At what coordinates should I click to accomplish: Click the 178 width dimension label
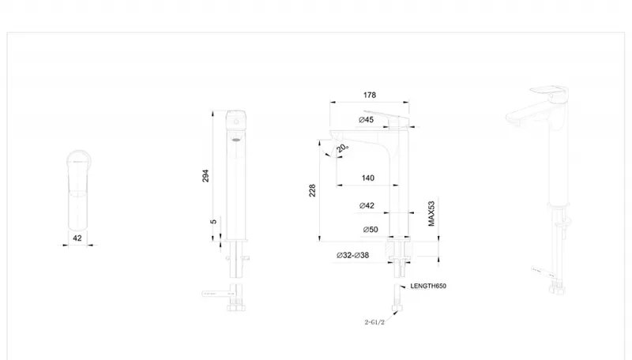coord(370,95)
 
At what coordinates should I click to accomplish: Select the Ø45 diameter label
coord(366,119)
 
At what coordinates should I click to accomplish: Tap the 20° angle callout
coord(343,148)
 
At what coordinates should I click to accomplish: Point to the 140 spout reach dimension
coord(368,178)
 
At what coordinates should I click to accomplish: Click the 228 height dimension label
coord(312,190)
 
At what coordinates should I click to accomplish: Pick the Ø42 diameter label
coord(367,206)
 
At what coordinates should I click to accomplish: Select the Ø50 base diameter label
coord(371,230)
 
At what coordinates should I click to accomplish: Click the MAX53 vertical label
coord(431,213)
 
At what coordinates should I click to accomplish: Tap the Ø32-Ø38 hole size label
coord(352,255)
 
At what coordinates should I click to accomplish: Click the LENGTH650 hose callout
coord(428,286)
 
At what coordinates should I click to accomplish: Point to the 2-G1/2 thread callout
coord(374,322)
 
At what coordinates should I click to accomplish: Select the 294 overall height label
coord(205,176)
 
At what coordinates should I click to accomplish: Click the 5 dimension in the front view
coord(213,222)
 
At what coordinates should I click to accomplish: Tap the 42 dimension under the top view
coord(77,238)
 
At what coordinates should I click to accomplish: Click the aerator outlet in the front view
coord(236,140)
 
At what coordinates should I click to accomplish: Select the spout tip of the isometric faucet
coord(512,118)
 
